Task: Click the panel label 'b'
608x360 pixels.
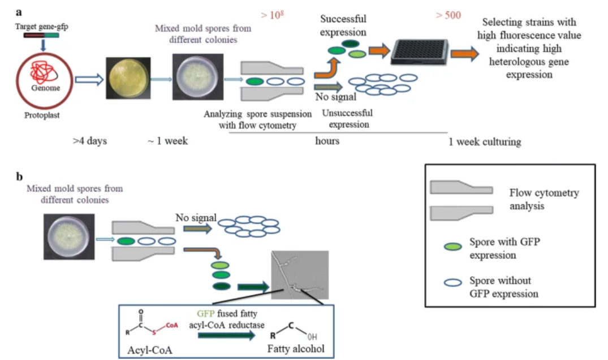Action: [x=20, y=176]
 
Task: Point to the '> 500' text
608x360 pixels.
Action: [x=448, y=15]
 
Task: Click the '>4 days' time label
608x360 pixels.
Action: [x=90, y=140]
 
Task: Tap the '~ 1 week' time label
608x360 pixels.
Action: [x=164, y=140]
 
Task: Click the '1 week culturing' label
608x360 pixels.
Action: [x=484, y=142]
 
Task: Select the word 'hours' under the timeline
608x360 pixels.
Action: [x=327, y=140]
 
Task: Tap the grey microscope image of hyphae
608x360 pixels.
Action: [x=300, y=275]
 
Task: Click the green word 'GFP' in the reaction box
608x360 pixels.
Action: [x=205, y=313]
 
